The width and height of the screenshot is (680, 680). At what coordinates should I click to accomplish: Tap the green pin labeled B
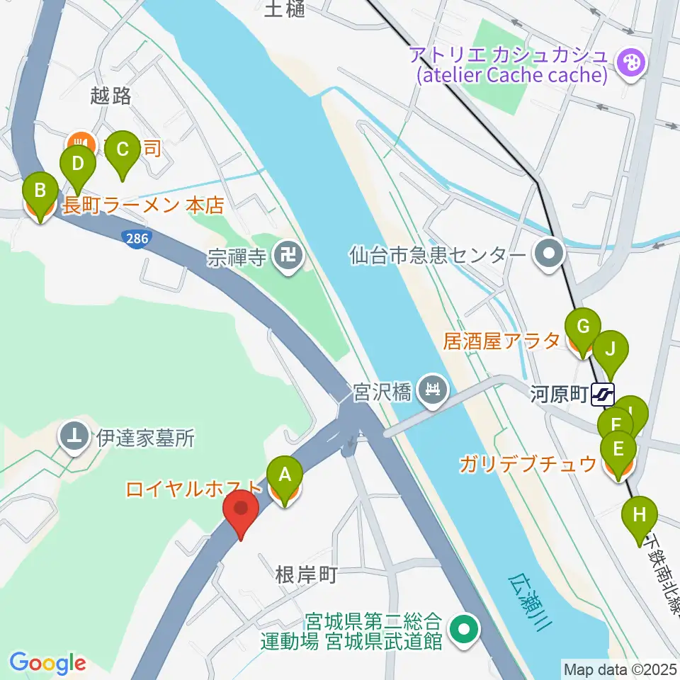(x=40, y=192)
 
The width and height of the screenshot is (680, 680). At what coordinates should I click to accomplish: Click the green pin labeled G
(x=583, y=327)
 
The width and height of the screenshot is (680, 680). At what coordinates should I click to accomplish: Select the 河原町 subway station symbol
(x=604, y=394)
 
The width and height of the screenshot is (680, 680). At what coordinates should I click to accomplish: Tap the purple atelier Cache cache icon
(x=628, y=62)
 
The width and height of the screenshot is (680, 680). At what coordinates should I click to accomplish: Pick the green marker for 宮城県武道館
(x=465, y=628)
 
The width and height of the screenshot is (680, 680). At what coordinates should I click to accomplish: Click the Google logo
(x=47, y=663)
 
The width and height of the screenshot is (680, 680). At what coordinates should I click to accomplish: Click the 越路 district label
(x=111, y=96)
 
